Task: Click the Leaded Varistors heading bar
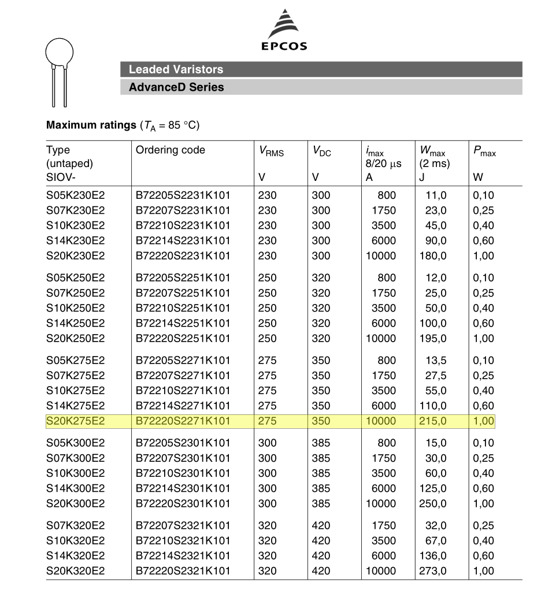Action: click(x=321, y=69)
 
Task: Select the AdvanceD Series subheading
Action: click(x=321, y=87)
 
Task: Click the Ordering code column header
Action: click(x=171, y=150)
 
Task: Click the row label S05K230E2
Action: click(x=75, y=195)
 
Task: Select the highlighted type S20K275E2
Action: click(x=75, y=421)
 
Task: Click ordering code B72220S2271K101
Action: click(x=183, y=421)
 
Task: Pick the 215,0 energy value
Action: click(x=433, y=421)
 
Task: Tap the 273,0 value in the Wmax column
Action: click(x=433, y=571)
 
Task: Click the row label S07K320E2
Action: click(x=75, y=526)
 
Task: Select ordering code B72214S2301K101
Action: click(x=183, y=488)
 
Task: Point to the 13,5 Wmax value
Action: click(x=436, y=361)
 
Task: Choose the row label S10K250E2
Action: click(x=75, y=308)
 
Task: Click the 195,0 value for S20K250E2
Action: click(x=433, y=338)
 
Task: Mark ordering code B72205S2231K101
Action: click(x=183, y=195)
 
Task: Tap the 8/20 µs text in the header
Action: click(x=383, y=164)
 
